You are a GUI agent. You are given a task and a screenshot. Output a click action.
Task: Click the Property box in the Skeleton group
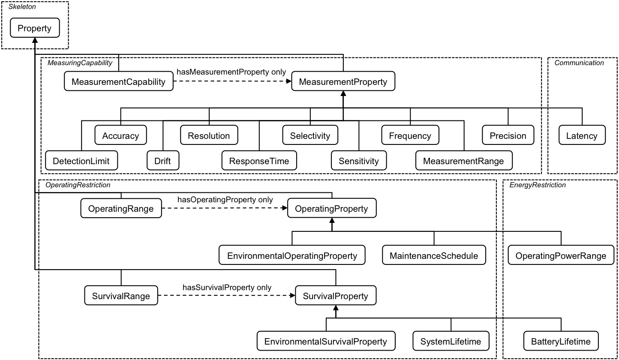[34, 29]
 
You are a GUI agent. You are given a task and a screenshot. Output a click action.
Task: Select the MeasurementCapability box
[118, 82]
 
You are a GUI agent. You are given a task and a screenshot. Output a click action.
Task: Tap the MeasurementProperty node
[343, 82]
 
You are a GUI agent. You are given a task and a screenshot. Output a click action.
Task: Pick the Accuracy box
[120, 136]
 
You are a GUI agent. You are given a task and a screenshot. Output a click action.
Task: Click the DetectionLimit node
[81, 161]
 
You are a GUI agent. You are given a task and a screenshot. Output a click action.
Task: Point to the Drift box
[162, 161]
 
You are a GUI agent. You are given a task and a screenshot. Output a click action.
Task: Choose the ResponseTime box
[259, 161]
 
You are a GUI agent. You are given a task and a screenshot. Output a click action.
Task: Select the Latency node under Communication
[582, 136]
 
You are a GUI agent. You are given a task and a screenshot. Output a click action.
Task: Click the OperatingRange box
[121, 209]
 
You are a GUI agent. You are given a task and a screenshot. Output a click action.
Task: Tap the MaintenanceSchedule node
[434, 256]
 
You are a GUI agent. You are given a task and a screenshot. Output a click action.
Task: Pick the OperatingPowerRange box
[561, 256]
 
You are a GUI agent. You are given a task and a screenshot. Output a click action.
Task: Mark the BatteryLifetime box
[561, 342]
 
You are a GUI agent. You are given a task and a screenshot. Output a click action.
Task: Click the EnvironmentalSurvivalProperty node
[326, 342]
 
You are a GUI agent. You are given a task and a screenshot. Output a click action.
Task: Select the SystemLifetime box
[451, 342]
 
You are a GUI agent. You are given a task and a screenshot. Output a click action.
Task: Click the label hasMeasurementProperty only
[231, 72]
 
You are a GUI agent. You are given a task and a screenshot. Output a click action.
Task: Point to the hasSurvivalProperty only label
[227, 288]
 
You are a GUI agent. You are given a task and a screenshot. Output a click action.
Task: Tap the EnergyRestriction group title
[538, 185]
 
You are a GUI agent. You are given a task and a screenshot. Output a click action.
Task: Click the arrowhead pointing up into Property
[35, 40]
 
